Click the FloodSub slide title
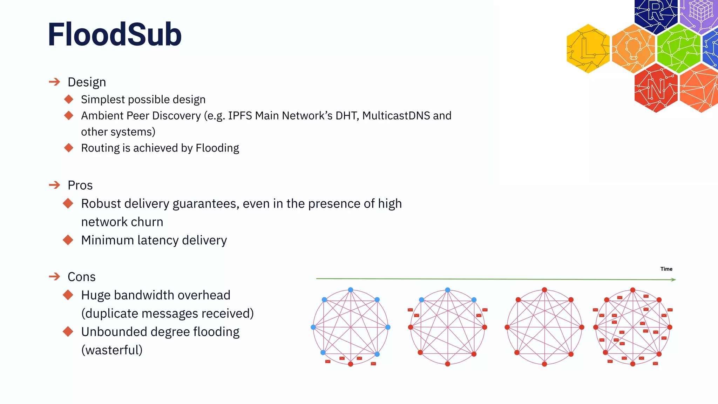(114, 34)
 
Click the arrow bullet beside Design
(54, 82)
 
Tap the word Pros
(80, 185)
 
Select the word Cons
(81, 277)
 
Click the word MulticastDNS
(396, 116)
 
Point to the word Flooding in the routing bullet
(217, 148)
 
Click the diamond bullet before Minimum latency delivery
(68, 240)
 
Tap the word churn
(147, 222)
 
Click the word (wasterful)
(112, 350)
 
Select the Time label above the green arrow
(666, 269)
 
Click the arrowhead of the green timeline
(673, 280)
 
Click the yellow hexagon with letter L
(588, 48)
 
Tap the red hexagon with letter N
(656, 88)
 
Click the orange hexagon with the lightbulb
(633, 48)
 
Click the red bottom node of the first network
(351, 364)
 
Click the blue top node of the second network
(447, 290)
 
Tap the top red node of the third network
(544, 290)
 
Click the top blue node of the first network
(351, 290)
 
